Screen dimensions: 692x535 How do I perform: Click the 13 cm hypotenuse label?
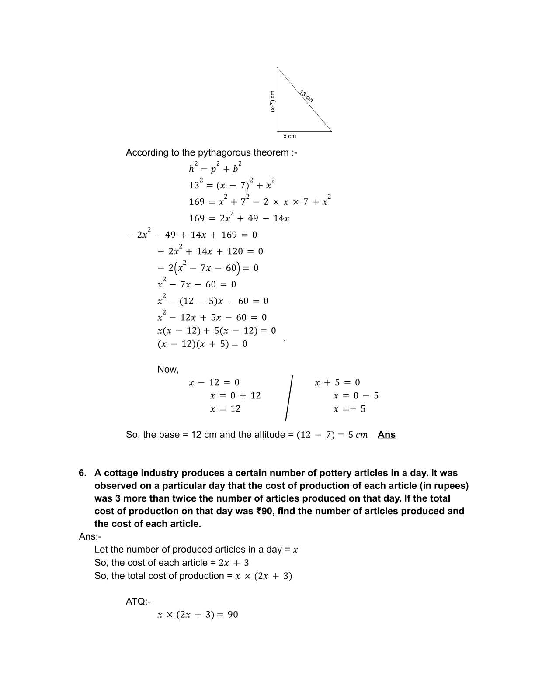pyautogui.click(x=306, y=96)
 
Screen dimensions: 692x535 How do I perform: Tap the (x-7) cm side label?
pyautogui.click(x=272, y=101)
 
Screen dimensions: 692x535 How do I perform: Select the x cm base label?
pyautogui.click(x=289, y=136)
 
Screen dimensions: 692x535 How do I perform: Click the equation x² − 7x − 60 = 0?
pyautogui.click(x=197, y=284)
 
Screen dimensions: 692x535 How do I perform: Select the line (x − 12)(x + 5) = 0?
pyautogui.click(x=202, y=344)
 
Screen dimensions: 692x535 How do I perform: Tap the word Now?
pyautogui.click(x=168, y=370)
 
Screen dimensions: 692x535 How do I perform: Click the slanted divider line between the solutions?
pyautogui.click(x=289, y=398)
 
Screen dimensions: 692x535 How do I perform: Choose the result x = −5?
pyautogui.click(x=349, y=409)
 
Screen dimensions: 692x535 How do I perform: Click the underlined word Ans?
pyautogui.click(x=386, y=435)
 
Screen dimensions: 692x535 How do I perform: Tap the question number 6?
pyautogui.click(x=83, y=473)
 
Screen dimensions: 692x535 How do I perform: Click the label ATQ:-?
pyautogui.click(x=138, y=602)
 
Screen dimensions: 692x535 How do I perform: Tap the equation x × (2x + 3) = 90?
pyautogui.click(x=198, y=615)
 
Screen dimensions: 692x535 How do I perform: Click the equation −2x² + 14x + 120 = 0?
pyautogui.click(x=210, y=251)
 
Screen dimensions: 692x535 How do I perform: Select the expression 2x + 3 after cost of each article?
pyautogui.click(x=234, y=563)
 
